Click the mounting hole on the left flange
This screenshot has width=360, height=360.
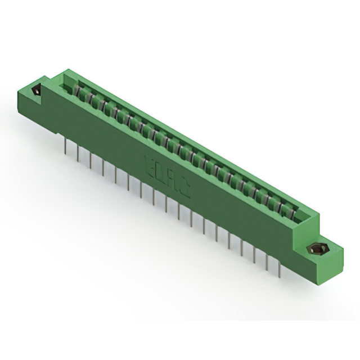(38, 90)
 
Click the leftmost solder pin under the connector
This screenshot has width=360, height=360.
(66, 147)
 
